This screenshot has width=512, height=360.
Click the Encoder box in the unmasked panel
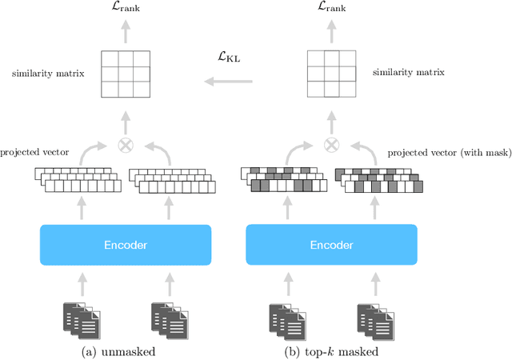[x=125, y=245]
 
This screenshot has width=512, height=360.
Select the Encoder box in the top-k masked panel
[x=331, y=245]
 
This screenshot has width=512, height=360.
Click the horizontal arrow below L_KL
[x=228, y=81]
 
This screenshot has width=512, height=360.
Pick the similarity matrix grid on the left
[x=125, y=74]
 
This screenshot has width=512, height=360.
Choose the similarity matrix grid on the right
[x=331, y=74]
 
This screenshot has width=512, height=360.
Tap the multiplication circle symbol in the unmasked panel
[x=125, y=146]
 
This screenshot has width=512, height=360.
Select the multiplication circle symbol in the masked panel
[x=331, y=146]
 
